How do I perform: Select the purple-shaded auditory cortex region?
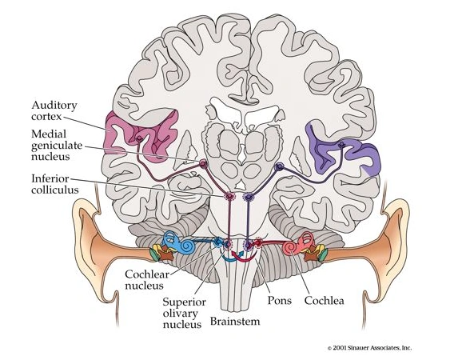click(336, 152)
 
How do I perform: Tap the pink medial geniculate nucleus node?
click(202, 164)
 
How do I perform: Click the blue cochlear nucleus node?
click(218, 241)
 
